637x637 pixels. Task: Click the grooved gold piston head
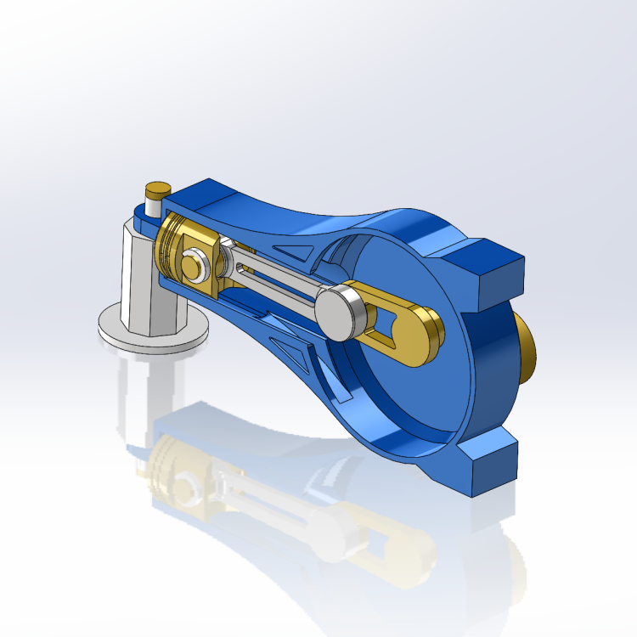coord(174,246)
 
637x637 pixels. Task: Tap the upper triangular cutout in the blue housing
coord(293,251)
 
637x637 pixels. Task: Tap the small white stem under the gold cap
coord(153,205)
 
